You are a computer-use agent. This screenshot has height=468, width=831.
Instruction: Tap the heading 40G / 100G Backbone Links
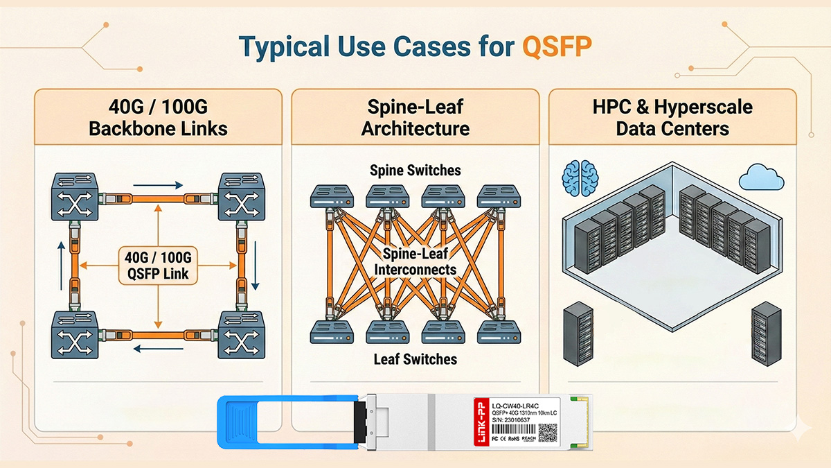[158, 117]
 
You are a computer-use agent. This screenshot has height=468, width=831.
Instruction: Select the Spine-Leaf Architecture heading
[415, 117]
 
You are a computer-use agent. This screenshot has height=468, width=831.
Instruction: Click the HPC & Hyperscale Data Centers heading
[672, 117]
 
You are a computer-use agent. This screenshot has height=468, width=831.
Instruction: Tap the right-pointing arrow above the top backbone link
[158, 185]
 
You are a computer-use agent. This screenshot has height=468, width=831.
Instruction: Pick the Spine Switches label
[415, 170]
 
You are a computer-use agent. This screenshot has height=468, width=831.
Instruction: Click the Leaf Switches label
[415, 359]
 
